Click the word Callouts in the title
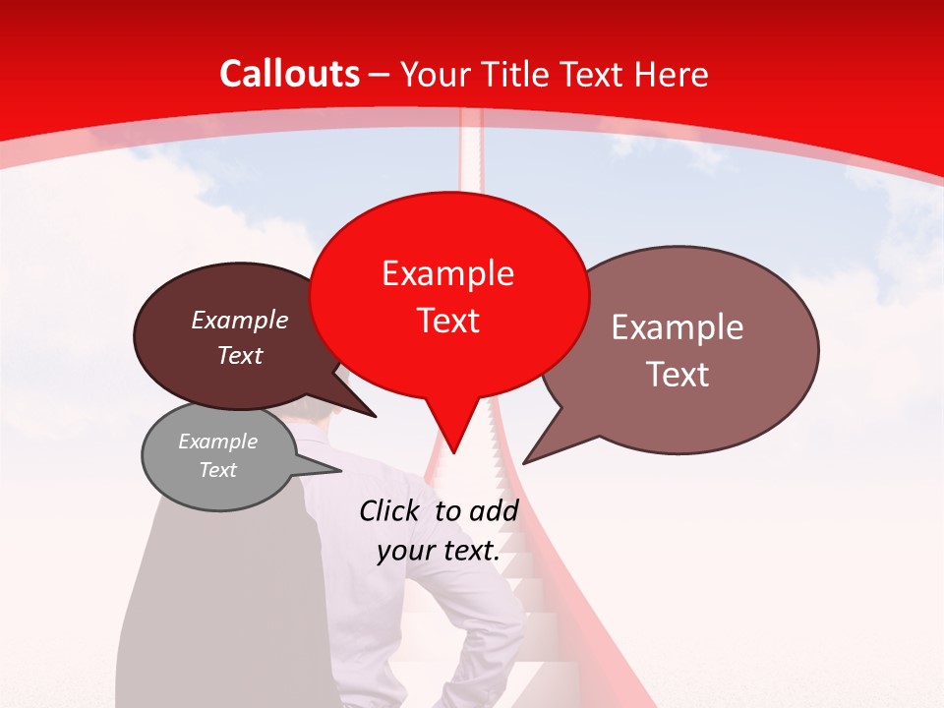click(289, 74)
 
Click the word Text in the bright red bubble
click(447, 321)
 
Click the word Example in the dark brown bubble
click(239, 320)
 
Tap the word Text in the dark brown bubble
click(239, 355)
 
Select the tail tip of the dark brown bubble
click(375, 416)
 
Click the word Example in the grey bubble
click(217, 442)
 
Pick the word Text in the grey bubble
click(217, 470)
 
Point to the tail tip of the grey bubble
click(341, 471)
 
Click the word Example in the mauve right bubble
click(678, 327)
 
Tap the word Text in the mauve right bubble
click(678, 375)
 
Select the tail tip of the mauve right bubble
click(525, 462)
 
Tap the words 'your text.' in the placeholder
click(438, 551)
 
